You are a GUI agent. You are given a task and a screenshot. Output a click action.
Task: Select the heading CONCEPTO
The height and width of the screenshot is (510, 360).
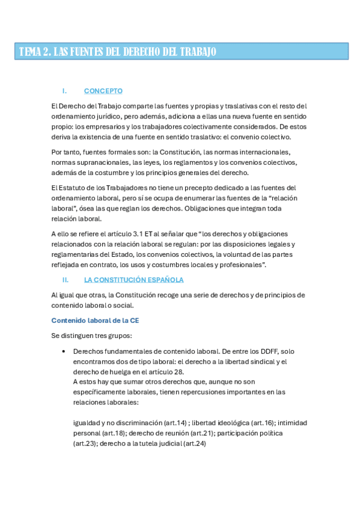(x=103, y=91)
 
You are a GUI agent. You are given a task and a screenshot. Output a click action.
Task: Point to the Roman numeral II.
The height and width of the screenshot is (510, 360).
(x=66, y=280)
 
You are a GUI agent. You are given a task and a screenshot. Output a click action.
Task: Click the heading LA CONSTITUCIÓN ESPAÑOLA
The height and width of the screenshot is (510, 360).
(x=133, y=280)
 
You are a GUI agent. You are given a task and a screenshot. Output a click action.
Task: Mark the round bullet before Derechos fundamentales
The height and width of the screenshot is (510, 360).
(x=63, y=351)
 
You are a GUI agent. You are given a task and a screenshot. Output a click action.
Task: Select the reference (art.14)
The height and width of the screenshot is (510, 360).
(x=172, y=423)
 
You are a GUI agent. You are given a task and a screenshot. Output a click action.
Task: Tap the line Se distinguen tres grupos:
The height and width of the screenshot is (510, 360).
(x=88, y=335)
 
